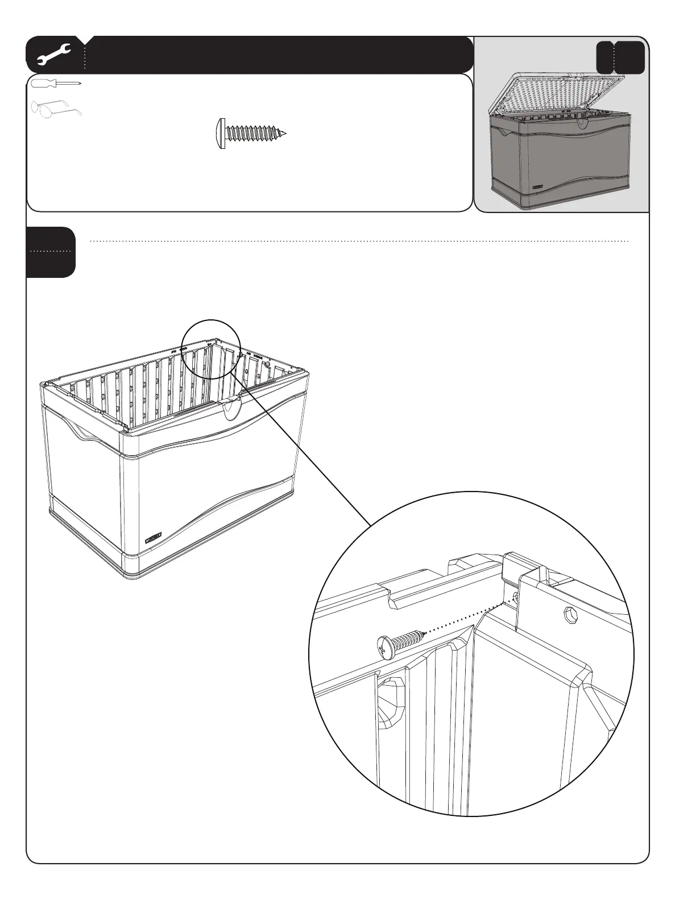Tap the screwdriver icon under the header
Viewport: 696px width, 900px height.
[56, 84]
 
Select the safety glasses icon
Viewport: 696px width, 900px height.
[56, 109]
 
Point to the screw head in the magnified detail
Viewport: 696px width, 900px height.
[385, 647]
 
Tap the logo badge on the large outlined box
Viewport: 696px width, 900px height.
[154, 537]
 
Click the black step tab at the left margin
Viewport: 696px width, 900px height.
[50, 252]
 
